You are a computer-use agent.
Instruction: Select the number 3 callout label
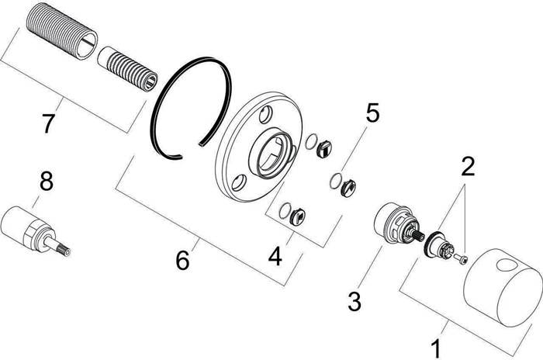coord(355,299)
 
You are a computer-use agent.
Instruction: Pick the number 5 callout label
coord(372,114)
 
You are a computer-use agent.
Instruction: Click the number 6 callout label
coord(182,261)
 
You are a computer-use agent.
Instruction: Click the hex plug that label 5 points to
coord(349,185)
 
